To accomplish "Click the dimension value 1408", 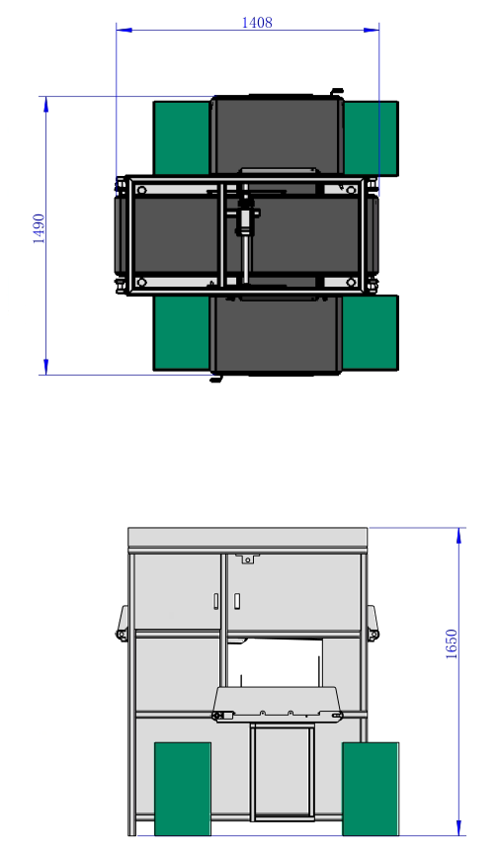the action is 257,23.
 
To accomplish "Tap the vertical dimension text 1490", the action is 40,228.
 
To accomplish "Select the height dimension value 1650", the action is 452,644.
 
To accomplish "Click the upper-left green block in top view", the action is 182,137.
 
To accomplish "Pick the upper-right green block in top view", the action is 372,138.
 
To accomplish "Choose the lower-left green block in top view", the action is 182,333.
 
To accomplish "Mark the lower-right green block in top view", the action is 371,333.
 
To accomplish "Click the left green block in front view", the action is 183,789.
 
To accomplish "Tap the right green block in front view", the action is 371,789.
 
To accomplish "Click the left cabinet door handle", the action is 216,600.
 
